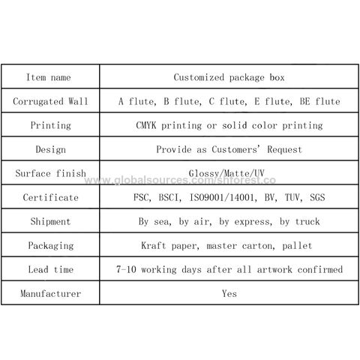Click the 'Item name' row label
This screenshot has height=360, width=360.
[49, 77]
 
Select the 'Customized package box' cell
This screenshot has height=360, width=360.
[229, 77]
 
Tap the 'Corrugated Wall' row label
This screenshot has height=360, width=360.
[50, 101]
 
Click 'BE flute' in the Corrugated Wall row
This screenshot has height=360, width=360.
[319, 101]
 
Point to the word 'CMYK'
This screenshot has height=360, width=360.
[146, 125]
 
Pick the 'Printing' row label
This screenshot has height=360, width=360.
[50, 125]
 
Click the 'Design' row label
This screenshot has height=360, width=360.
[50, 149]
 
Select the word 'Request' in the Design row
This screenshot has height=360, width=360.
[284, 149]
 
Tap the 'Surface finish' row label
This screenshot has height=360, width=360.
[50, 173]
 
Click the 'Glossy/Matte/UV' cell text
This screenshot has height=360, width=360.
[226, 173]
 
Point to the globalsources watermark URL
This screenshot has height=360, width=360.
[180, 180]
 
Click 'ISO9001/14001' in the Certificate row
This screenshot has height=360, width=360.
[223, 197]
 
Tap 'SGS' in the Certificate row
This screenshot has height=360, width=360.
[317, 197]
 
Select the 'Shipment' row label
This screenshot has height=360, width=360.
[50, 221]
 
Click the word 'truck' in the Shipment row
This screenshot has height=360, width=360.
[307, 221]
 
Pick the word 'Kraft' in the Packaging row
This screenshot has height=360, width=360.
[154, 245]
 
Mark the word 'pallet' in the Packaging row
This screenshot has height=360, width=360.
[297, 245]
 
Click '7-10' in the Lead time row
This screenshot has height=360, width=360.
[126, 269]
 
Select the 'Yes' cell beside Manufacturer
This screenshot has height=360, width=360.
[229, 293]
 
